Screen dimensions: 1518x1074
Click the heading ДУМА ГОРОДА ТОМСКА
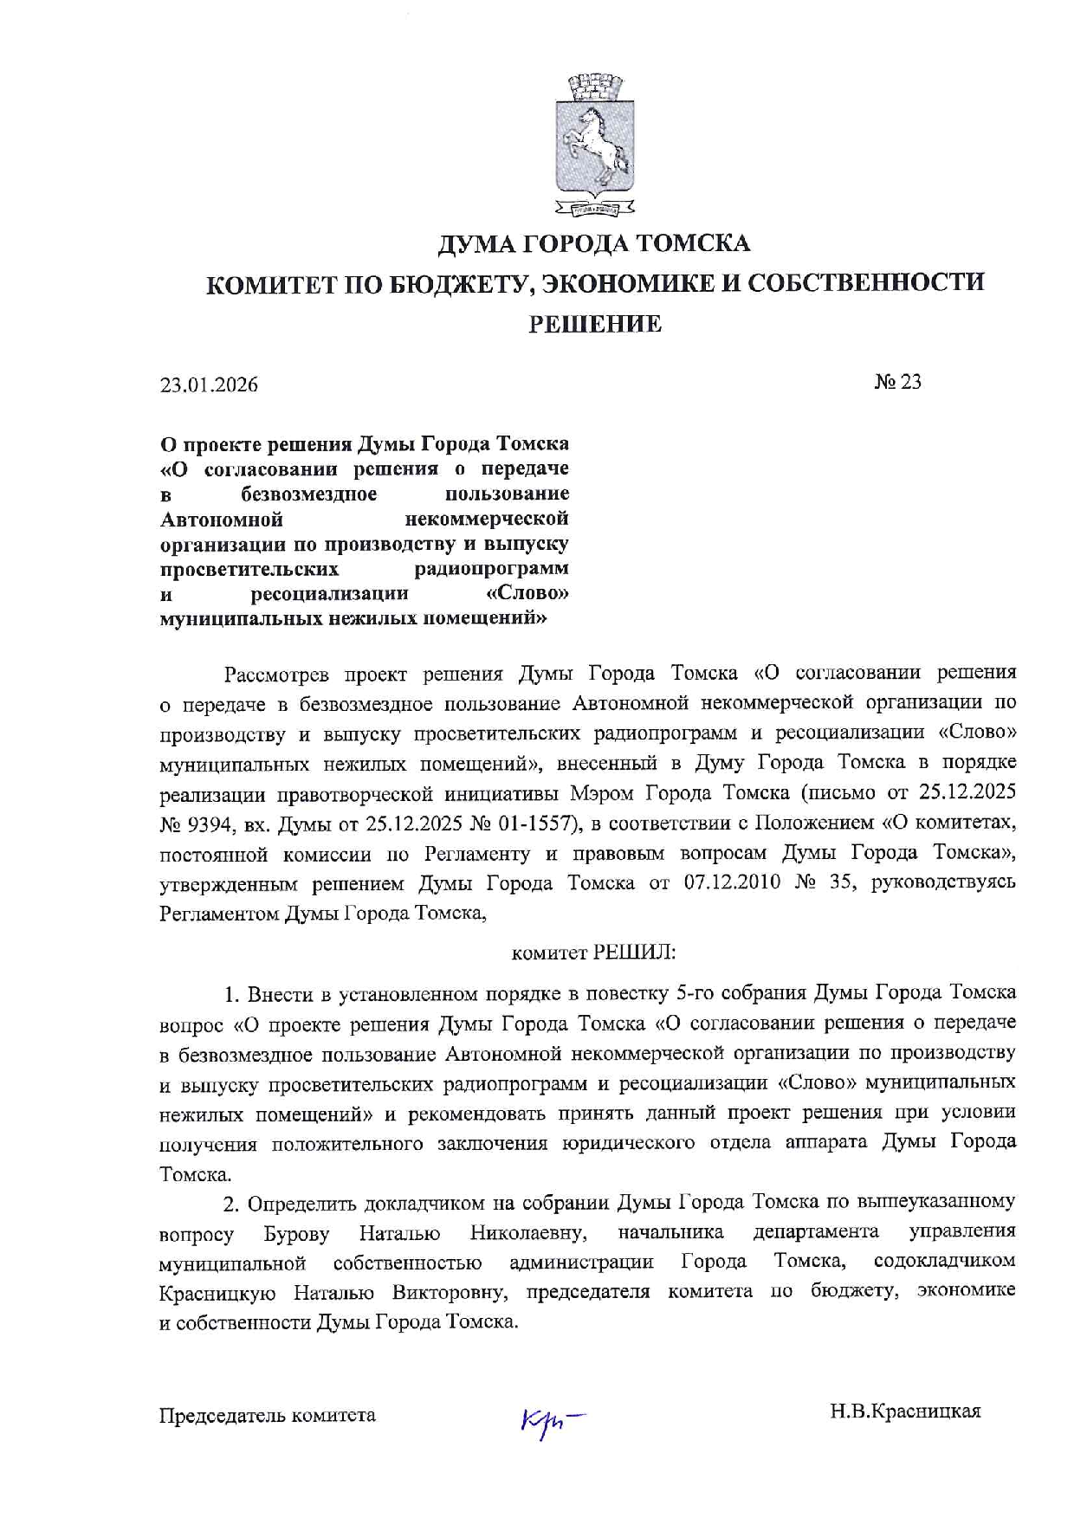(593, 243)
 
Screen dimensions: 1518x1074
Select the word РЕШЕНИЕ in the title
(595, 325)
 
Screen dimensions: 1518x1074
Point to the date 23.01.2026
(209, 384)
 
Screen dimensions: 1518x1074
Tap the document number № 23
(897, 382)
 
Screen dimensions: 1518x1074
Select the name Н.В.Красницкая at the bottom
(905, 1412)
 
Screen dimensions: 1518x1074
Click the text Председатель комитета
(268, 1415)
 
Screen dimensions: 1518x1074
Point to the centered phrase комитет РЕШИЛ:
(593, 953)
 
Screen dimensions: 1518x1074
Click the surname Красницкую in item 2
(217, 1293)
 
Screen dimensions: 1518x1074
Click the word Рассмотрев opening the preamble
(275, 674)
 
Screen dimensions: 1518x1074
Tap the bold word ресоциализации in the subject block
(329, 594)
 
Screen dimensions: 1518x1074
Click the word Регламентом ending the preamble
(220, 914)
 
